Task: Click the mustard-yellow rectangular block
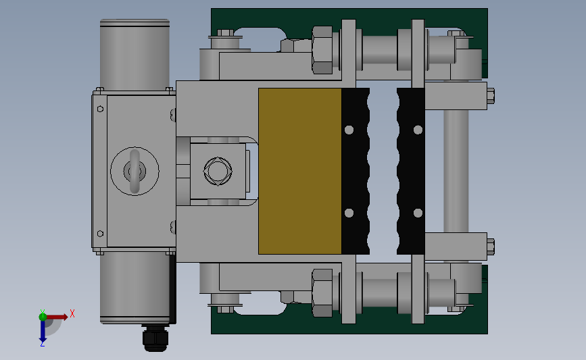(299, 171)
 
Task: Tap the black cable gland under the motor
(155, 338)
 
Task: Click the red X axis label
(72, 313)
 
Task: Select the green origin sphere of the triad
(43, 317)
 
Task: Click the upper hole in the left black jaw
(349, 130)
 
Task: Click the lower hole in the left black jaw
(349, 213)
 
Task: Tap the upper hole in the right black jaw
(418, 130)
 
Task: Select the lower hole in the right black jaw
(418, 213)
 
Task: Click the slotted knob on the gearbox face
(135, 171)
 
